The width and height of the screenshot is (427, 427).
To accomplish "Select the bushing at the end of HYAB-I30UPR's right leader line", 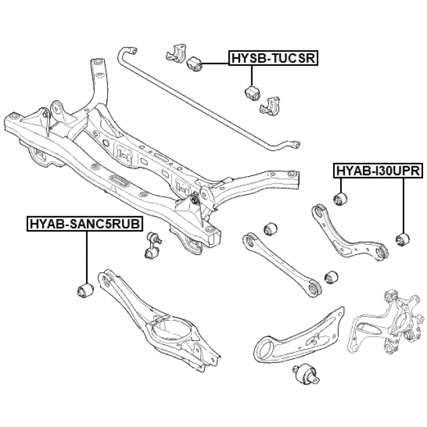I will click(x=402, y=237).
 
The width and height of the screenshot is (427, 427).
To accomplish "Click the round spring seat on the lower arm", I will click(x=171, y=330).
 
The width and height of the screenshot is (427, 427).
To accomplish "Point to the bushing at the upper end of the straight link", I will click(x=271, y=228).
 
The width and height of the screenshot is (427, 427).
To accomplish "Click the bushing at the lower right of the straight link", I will click(x=330, y=276).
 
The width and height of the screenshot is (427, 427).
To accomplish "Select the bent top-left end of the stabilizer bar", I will click(x=127, y=54).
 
